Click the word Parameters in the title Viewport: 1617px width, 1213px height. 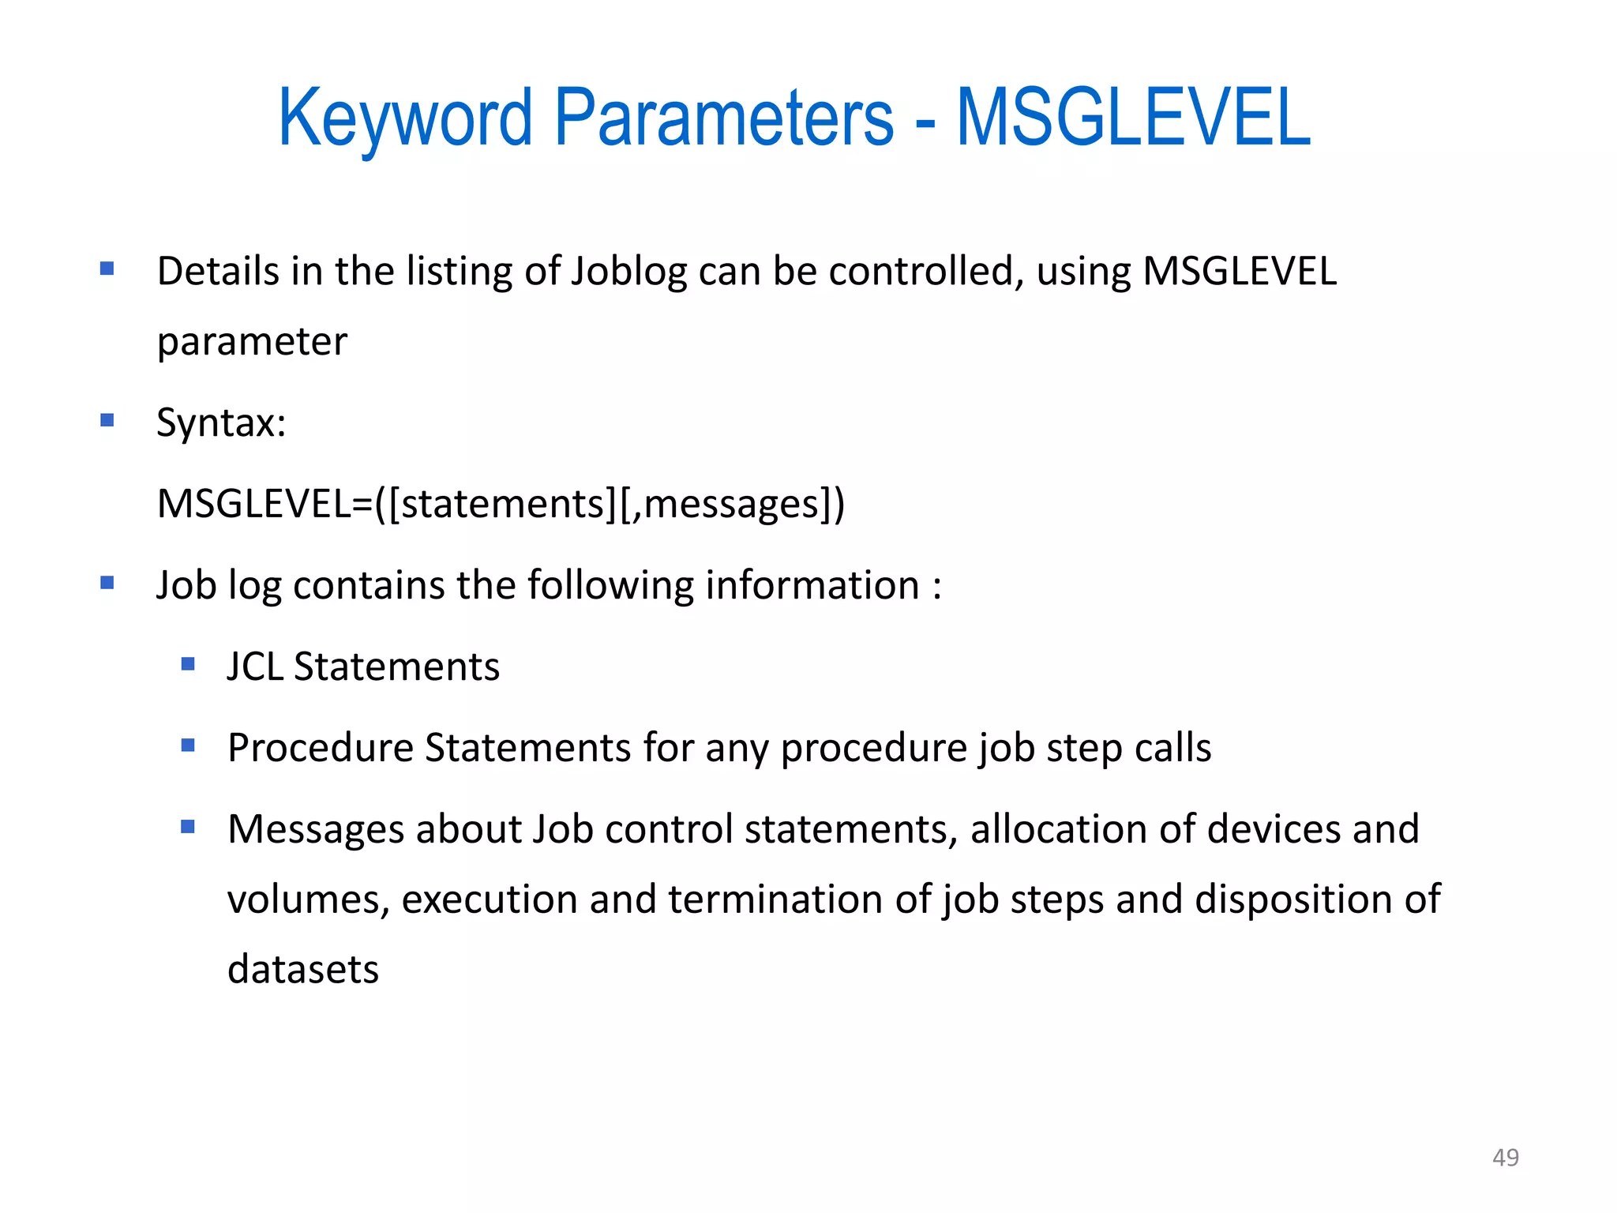pyautogui.click(x=723, y=118)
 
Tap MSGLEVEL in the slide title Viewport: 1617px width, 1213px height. pyautogui.click(x=1133, y=118)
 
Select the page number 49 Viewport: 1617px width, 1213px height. pyautogui.click(x=1505, y=1157)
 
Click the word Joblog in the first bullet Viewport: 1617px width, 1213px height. pyautogui.click(x=628, y=272)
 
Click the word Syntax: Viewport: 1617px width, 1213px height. pyautogui.click(x=221, y=422)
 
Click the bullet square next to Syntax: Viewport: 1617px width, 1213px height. pyautogui.click(x=107, y=420)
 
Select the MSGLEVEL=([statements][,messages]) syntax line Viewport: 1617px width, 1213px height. pyautogui.click(x=501, y=504)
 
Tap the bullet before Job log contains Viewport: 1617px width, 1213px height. pyautogui.click(x=107, y=584)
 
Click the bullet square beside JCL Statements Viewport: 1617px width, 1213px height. pyautogui.click(x=188, y=664)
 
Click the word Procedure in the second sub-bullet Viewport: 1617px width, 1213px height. pyautogui.click(x=320, y=748)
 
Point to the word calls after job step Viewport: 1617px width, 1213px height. pyautogui.click(x=1172, y=748)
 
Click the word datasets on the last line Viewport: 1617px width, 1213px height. pyautogui.click(x=303, y=969)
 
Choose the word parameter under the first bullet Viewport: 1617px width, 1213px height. pyautogui.click(x=252, y=342)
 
